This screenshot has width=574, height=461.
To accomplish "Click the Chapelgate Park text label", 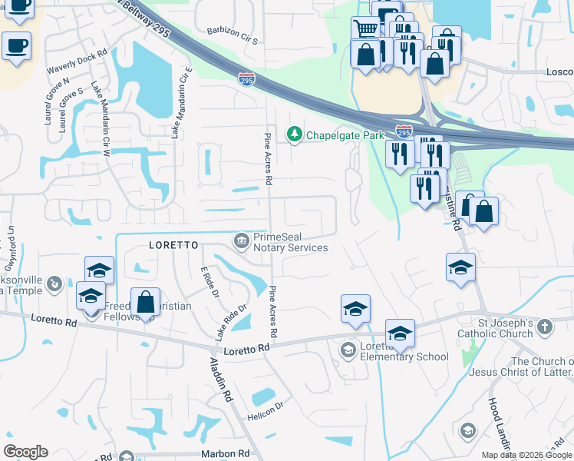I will coord(345,135).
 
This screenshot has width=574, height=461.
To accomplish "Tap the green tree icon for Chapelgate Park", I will coord(294,135).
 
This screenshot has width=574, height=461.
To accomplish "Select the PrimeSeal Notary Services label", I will coord(291,242).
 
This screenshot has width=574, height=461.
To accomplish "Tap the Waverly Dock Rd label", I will coord(77,63).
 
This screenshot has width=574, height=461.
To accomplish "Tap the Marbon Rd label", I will coord(226,454).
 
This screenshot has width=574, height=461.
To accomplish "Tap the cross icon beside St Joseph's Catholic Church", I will coord(544,327).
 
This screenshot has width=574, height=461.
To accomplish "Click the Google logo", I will coord(26,451).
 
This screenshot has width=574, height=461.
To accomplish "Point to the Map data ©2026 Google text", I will coord(527,455).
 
